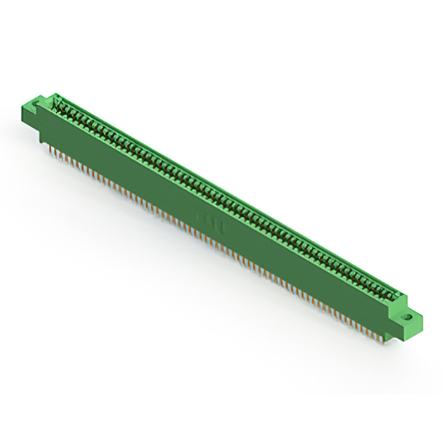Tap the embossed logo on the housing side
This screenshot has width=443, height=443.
pos(208,220)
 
